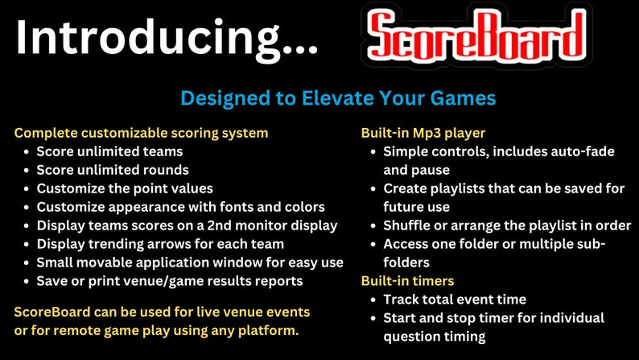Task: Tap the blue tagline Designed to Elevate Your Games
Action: coord(338,98)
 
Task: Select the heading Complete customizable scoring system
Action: coord(141,133)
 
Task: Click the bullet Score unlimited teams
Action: coord(109,151)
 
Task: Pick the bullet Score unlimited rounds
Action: coord(113,170)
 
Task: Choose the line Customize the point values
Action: coord(124,188)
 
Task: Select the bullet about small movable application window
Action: coord(190,263)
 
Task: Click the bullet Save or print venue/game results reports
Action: coord(170,281)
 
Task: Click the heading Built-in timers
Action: coord(407,280)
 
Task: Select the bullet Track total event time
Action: coord(455,299)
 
